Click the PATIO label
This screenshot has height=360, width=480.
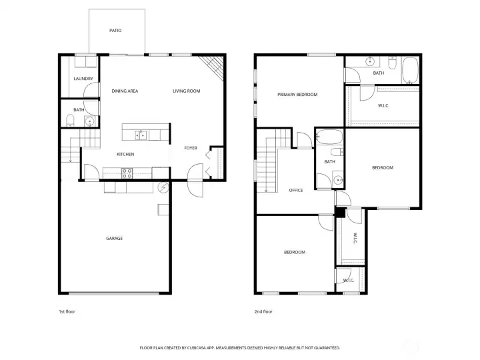pyautogui.click(x=115, y=30)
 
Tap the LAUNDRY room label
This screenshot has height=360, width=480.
pyautogui.click(x=83, y=79)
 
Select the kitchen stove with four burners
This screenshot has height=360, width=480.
pyautogui.click(x=127, y=173)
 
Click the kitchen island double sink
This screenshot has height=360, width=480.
pyautogui.click(x=141, y=135)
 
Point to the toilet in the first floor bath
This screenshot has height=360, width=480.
pyautogui.click(x=71, y=120)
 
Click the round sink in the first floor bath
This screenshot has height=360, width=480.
pyautogui.click(x=90, y=121)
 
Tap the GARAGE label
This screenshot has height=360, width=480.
pyautogui.click(x=114, y=238)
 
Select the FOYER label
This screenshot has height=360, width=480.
pyautogui.click(x=191, y=148)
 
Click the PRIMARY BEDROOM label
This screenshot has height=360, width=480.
pyautogui.click(x=297, y=95)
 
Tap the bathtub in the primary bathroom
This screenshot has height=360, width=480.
pyautogui.click(x=410, y=71)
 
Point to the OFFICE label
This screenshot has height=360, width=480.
pyautogui.click(x=296, y=190)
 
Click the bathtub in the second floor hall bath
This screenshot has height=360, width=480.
pyautogui.click(x=329, y=137)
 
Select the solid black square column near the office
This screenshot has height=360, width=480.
pyautogui.click(x=340, y=213)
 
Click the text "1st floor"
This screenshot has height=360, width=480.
pyautogui.click(x=67, y=311)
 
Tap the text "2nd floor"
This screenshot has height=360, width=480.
pyautogui.click(x=263, y=311)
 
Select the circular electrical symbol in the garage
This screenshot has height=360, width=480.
pyautogui.click(x=163, y=187)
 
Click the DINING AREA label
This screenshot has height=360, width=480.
pyautogui.click(x=125, y=91)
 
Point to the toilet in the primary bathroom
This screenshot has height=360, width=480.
pyautogui.click(x=393, y=63)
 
